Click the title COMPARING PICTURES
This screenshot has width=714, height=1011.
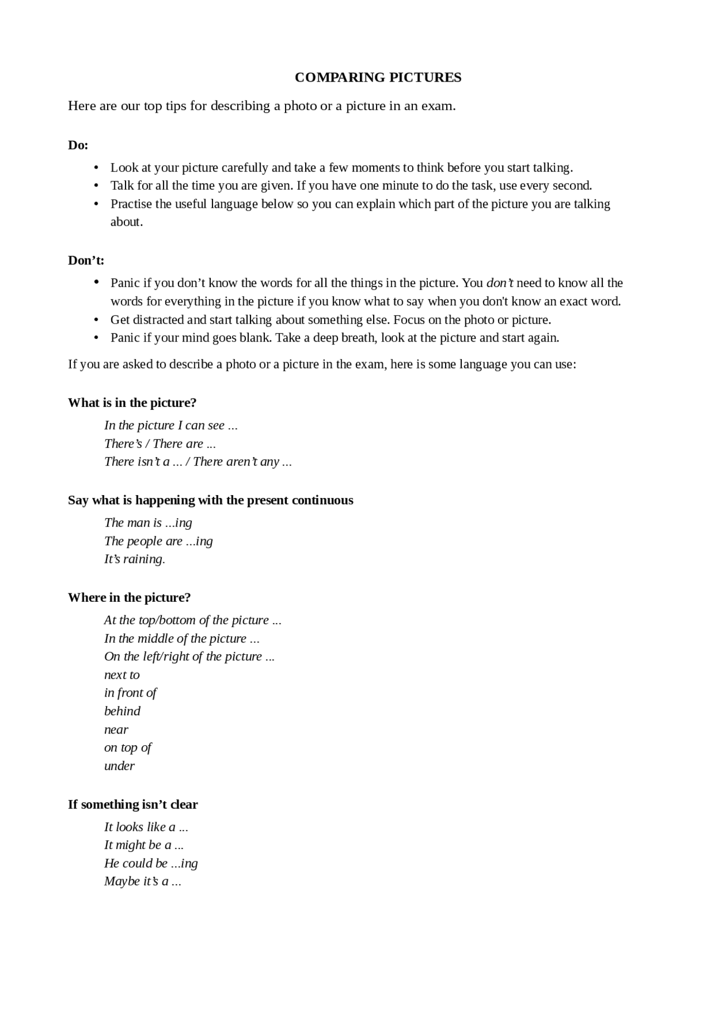378,78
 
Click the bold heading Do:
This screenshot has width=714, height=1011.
78,145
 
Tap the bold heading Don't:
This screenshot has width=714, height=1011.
86,261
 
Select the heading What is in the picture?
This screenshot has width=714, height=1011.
132,403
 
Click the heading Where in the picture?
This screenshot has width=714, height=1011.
129,598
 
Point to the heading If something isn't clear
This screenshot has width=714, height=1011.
133,804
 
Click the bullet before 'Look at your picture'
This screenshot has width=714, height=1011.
96,168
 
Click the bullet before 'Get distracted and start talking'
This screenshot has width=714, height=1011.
96,320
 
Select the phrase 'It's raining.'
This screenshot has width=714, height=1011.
134,559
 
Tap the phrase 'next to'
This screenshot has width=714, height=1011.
122,675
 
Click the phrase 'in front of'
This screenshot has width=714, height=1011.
130,693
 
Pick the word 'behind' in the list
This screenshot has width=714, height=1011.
122,711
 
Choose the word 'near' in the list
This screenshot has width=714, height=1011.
116,730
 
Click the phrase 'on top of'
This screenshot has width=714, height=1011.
128,748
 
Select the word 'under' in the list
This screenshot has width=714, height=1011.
119,766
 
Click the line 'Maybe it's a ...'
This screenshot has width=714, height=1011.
142,881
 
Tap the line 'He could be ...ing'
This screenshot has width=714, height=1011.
151,864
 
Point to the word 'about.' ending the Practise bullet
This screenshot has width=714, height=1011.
127,222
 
